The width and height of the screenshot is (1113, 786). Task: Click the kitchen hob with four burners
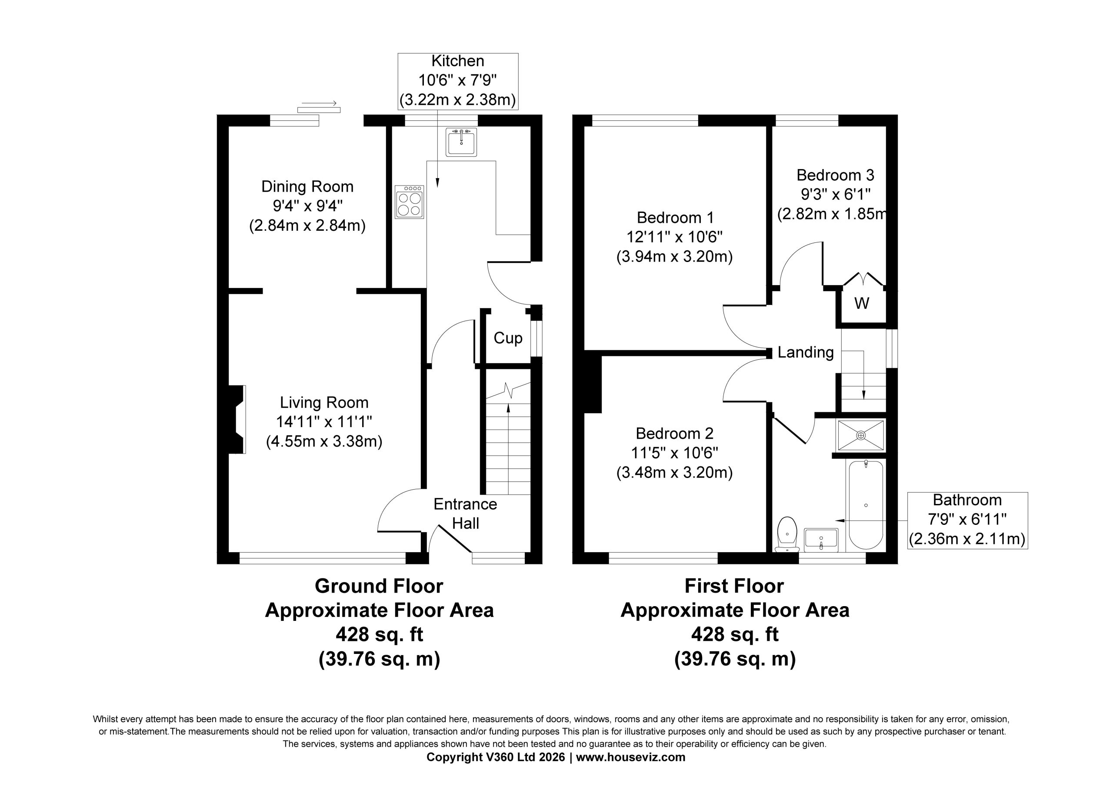409,202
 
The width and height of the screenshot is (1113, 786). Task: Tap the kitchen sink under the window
461,142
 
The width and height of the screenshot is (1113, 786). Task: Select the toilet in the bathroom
787,534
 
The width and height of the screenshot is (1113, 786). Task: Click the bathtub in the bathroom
866,505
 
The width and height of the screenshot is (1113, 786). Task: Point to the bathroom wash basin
821,540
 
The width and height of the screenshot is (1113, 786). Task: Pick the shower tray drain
861,435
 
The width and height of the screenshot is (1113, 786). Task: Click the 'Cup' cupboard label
508,338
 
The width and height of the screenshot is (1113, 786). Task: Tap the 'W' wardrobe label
861,303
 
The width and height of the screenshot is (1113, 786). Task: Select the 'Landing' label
806,352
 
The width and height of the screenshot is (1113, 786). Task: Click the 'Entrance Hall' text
465,514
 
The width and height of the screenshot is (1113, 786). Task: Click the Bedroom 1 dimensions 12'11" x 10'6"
674,237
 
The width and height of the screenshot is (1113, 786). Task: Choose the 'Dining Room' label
307,186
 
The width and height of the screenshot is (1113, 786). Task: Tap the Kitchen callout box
458,81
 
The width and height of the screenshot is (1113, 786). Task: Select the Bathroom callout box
968,521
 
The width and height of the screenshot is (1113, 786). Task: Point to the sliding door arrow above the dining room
319,103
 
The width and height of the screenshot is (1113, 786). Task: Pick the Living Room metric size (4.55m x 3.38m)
324,441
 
